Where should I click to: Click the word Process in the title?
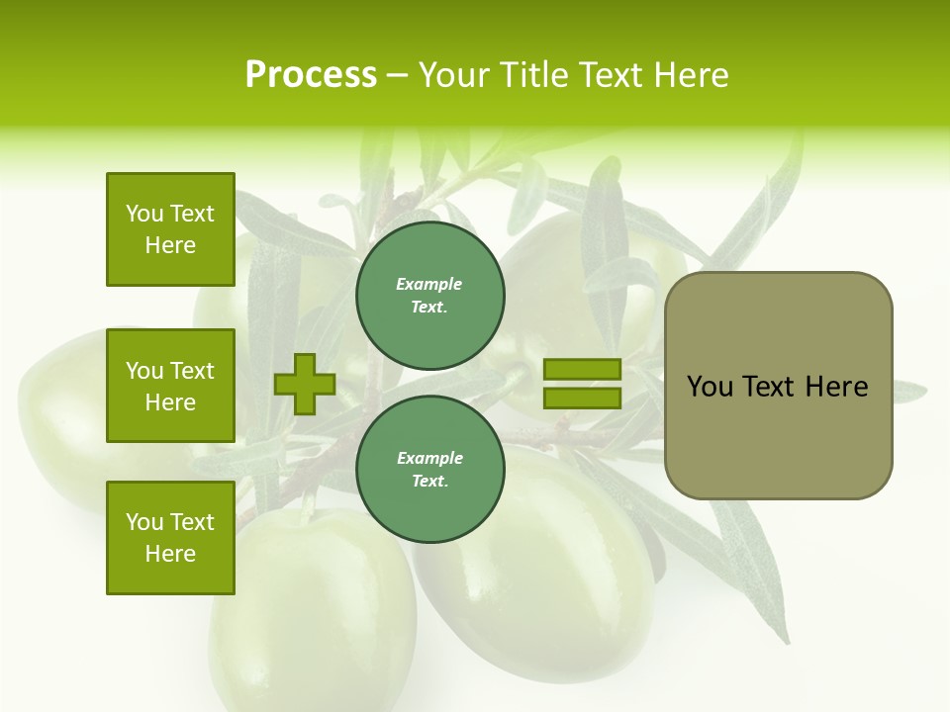(311, 75)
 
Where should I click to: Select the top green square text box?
(170, 229)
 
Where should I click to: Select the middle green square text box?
(170, 387)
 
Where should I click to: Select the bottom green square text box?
(170, 538)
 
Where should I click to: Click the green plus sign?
(305, 384)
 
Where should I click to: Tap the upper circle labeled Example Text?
(429, 296)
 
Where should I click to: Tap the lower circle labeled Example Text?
(429, 470)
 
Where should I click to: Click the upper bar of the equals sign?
(582, 370)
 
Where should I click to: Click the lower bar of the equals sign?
(582, 398)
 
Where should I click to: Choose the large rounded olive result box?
(778, 435)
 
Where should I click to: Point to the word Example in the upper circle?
(429, 284)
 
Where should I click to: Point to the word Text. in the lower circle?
(429, 482)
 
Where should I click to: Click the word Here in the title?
(692, 75)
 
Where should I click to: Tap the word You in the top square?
(144, 214)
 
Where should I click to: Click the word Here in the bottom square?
(170, 554)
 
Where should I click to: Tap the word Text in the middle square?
(192, 371)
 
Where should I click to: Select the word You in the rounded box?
(710, 387)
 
